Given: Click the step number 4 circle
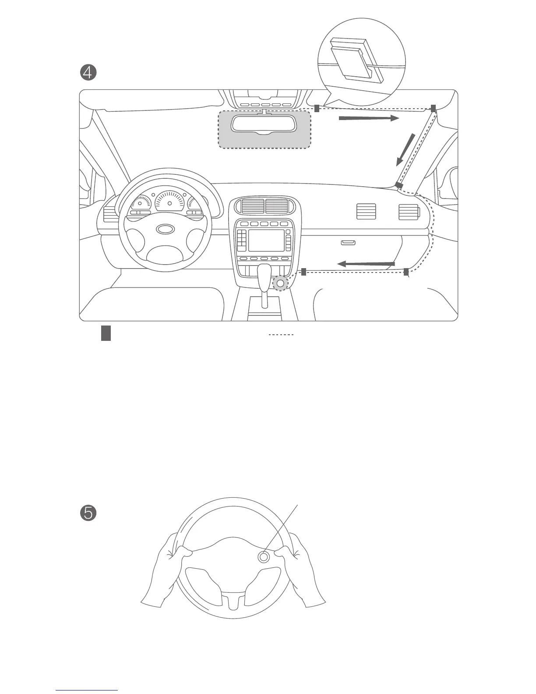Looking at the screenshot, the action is (88, 73).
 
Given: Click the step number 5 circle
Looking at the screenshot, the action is (88, 513).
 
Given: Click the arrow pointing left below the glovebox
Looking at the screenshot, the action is (366, 264).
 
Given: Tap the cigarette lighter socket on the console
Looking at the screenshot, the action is (280, 283).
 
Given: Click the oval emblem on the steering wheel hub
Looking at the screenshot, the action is (165, 229).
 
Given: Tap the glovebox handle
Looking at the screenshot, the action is (348, 242).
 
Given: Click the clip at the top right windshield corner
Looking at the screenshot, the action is (433, 108).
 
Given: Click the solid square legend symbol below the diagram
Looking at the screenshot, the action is (106, 333).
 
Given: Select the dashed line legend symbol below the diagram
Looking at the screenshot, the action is (281, 335).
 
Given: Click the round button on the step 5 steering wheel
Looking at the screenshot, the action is (264, 557).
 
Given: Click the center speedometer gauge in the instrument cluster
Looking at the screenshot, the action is (169, 202).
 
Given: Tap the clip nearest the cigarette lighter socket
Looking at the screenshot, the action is (303, 272).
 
